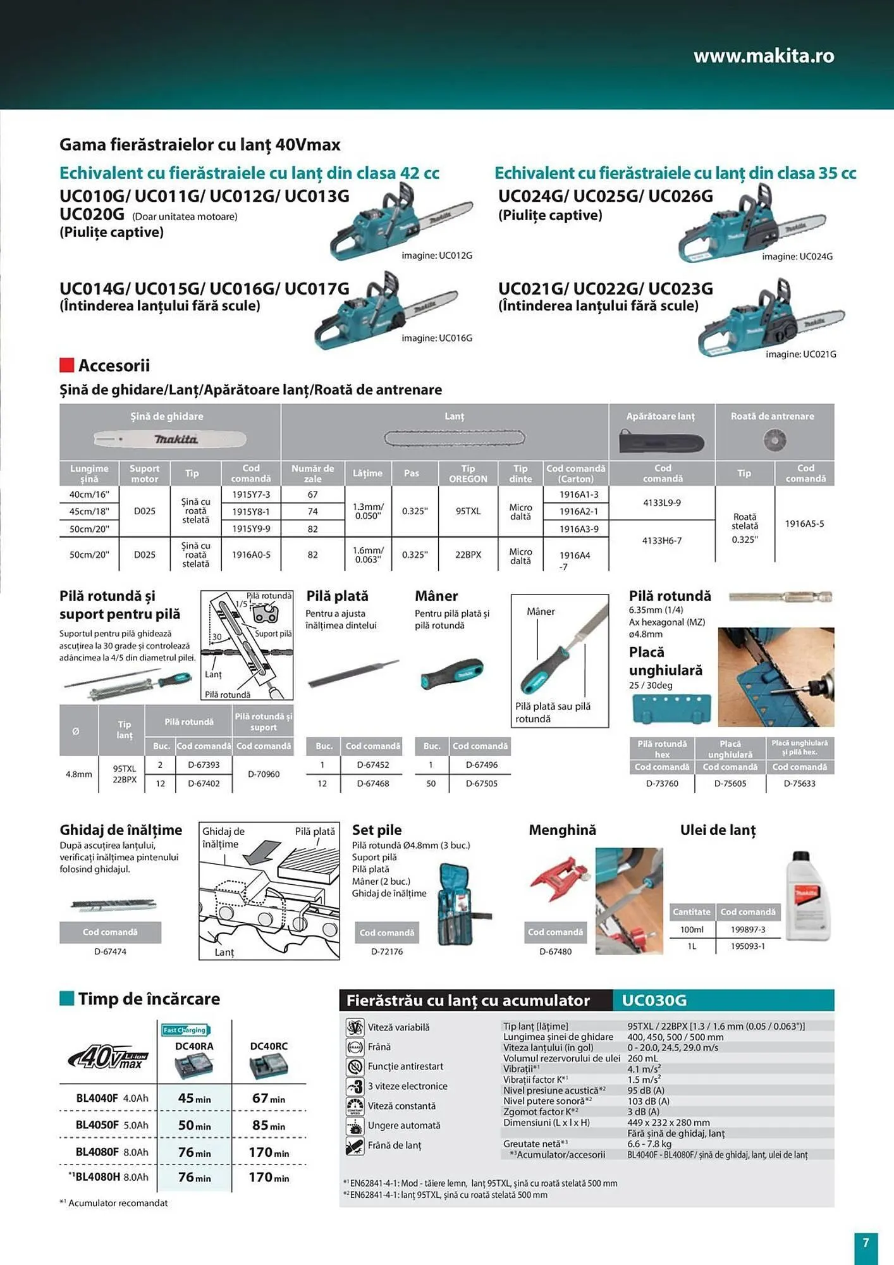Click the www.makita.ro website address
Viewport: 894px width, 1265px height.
click(763, 56)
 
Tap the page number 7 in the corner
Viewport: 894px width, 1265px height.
click(866, 1242)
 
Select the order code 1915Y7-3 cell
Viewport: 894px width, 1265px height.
click(250, 495)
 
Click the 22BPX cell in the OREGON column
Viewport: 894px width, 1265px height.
click(468, 555)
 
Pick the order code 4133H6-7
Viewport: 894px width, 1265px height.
click(661, 541)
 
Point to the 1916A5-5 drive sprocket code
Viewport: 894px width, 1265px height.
click(804, 524)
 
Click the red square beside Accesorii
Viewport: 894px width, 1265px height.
click(66, 365)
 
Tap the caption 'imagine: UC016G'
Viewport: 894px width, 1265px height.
click(437, 338)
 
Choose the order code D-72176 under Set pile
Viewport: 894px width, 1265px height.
click(386, 951)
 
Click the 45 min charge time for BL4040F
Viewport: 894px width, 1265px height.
click(194, 1099)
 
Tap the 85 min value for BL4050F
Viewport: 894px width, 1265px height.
click(268, 1125)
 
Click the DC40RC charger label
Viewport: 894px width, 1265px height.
click(269, 1046)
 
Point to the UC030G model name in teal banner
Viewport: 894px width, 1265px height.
click(654, 1000)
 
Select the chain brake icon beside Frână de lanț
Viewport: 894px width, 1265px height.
click(355, 1145)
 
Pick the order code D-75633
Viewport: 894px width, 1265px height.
click(799, 783)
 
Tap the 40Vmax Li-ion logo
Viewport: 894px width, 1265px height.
click(108, 1057)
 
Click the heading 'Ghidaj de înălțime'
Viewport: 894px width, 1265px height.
click(121, 830)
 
